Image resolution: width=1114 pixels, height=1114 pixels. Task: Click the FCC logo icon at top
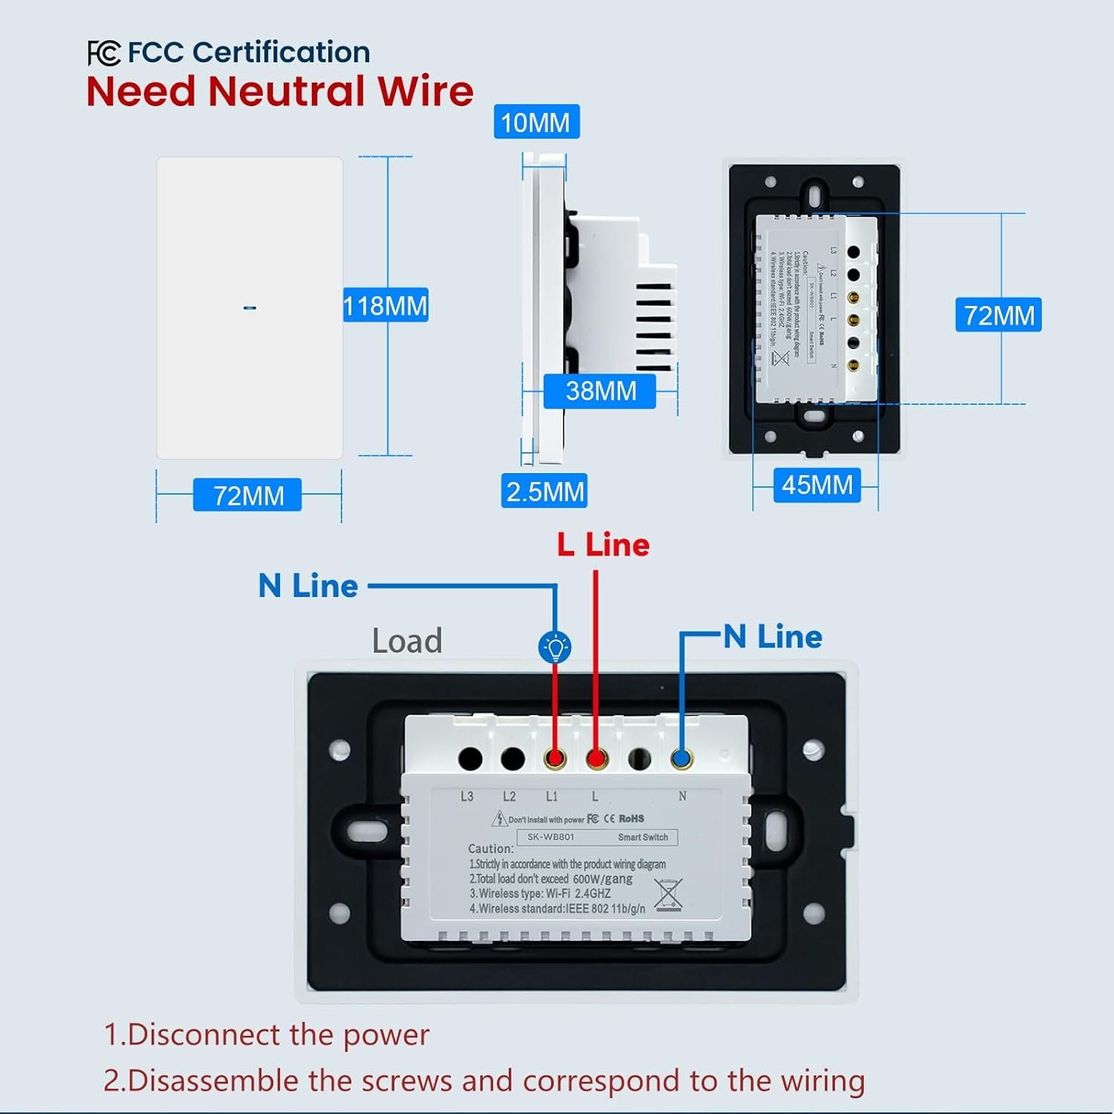pos(103,53)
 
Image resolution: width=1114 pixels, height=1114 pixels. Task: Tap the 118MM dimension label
pos(385,305)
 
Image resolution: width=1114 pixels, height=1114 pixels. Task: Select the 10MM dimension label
pos(535,123)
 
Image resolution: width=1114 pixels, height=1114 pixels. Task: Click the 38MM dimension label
pos(600,391)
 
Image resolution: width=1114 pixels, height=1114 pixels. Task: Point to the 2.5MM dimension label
pos(544,492)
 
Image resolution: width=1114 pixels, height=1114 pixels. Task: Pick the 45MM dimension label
pos(817,485)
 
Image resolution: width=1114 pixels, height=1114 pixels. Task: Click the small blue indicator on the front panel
pos(250,307)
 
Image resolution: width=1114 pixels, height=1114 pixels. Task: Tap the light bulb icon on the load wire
pos(555,647)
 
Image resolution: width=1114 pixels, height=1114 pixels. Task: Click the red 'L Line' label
pos(603,545)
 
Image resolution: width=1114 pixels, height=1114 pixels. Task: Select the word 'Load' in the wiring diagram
pos(407,641)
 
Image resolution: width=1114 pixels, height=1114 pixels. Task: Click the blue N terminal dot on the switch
pos(681,759)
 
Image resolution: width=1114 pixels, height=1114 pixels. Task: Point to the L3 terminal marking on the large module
pos(466,797)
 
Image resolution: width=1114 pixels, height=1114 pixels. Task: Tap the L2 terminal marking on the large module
pos(509,797)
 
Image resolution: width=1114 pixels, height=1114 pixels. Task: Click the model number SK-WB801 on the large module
pos(551,837)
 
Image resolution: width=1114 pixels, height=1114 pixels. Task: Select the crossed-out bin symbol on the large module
pos(668,893)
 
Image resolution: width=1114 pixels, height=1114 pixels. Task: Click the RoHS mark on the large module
pos(631,818)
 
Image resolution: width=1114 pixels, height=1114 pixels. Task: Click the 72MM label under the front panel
pos(248,495)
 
